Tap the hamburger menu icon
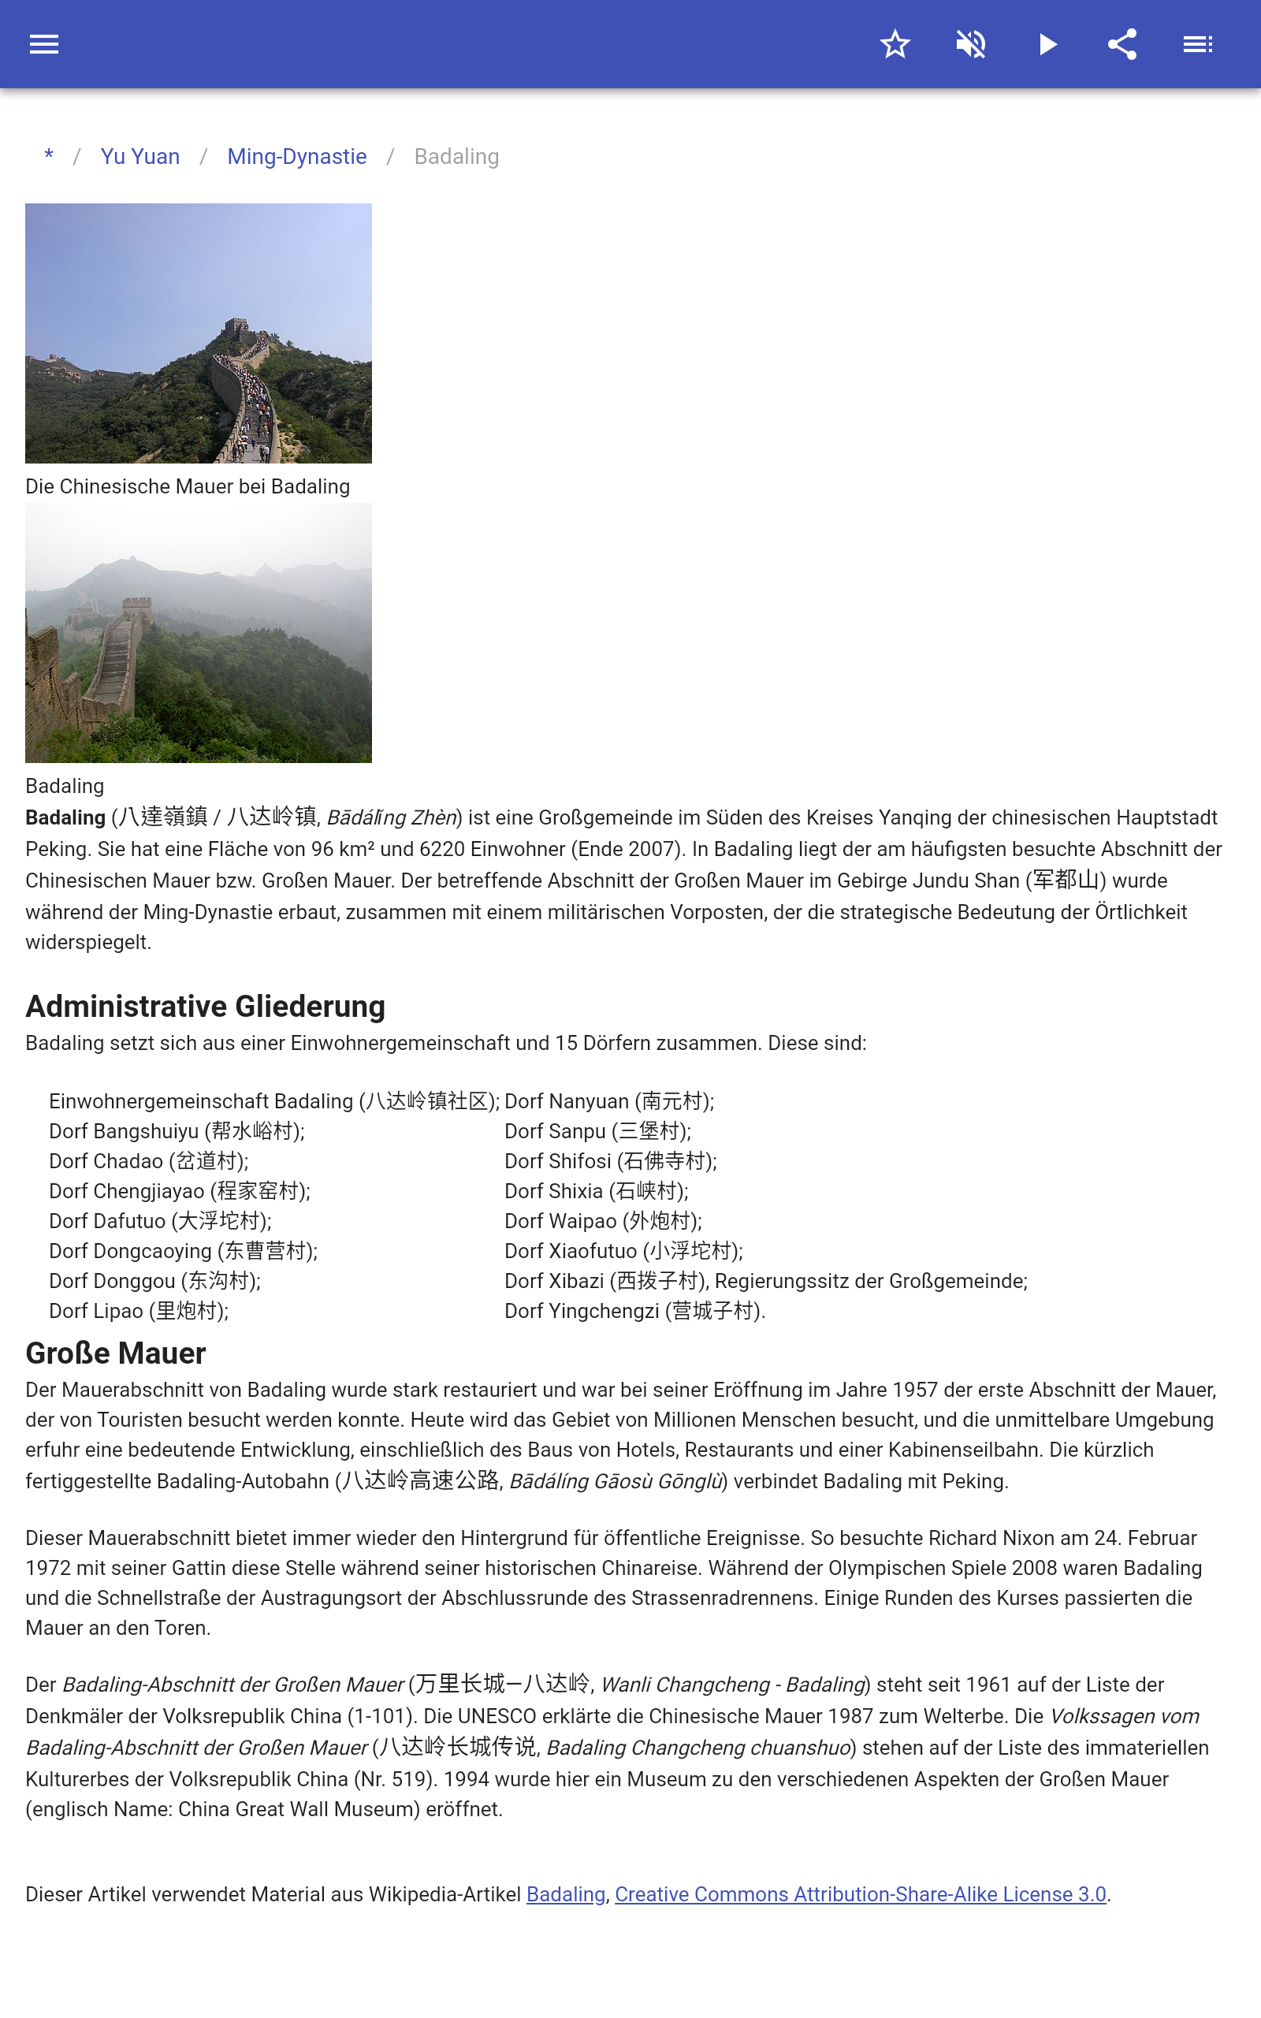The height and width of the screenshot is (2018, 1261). click(x=44, y=44)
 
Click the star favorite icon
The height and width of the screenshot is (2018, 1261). click(x=895, y=44)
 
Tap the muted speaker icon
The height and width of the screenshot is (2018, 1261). click(x=971, y=44)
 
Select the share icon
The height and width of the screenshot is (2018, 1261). click(x=1122, y=44)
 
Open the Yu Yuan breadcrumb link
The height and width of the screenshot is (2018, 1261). click(x=140, y=157)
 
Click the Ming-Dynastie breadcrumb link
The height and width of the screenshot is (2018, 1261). click(x=297, y=157)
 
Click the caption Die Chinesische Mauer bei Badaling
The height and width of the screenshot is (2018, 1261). click(x=188, y=487)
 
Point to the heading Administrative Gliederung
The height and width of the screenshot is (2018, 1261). click(x=205, y=1007)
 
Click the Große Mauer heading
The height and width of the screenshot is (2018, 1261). click(x=116, y=1353)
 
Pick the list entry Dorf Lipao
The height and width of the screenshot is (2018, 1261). click(x=139, y=1312)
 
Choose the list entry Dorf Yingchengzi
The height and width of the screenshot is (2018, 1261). click(x=634, y=1312)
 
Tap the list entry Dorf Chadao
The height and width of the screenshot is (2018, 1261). click(x=148, y=1162)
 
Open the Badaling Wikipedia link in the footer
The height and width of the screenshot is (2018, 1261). click(x=565, y=1894)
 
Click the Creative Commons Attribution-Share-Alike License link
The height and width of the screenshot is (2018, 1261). click(x=860, y=1894)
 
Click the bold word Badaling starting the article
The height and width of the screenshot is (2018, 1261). click(x=65, y=818)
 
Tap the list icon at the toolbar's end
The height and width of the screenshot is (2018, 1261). click(x=1198, y=44)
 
